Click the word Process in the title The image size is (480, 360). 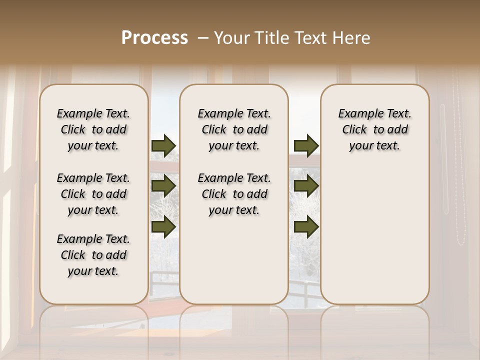154,37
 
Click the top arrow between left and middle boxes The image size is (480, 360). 163,145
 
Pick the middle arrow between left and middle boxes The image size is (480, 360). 163,186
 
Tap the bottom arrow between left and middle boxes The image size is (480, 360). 163,226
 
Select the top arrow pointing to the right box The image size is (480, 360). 306,145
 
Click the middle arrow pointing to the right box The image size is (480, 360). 306,186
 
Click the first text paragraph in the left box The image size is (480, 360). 93,129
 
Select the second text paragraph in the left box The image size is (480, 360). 93,194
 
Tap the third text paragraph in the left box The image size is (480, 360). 93,255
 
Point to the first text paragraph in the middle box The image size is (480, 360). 234,129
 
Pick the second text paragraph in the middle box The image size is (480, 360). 234,194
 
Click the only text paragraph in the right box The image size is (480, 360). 374,129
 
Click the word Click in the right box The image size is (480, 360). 354,129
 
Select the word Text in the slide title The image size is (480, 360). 311,38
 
